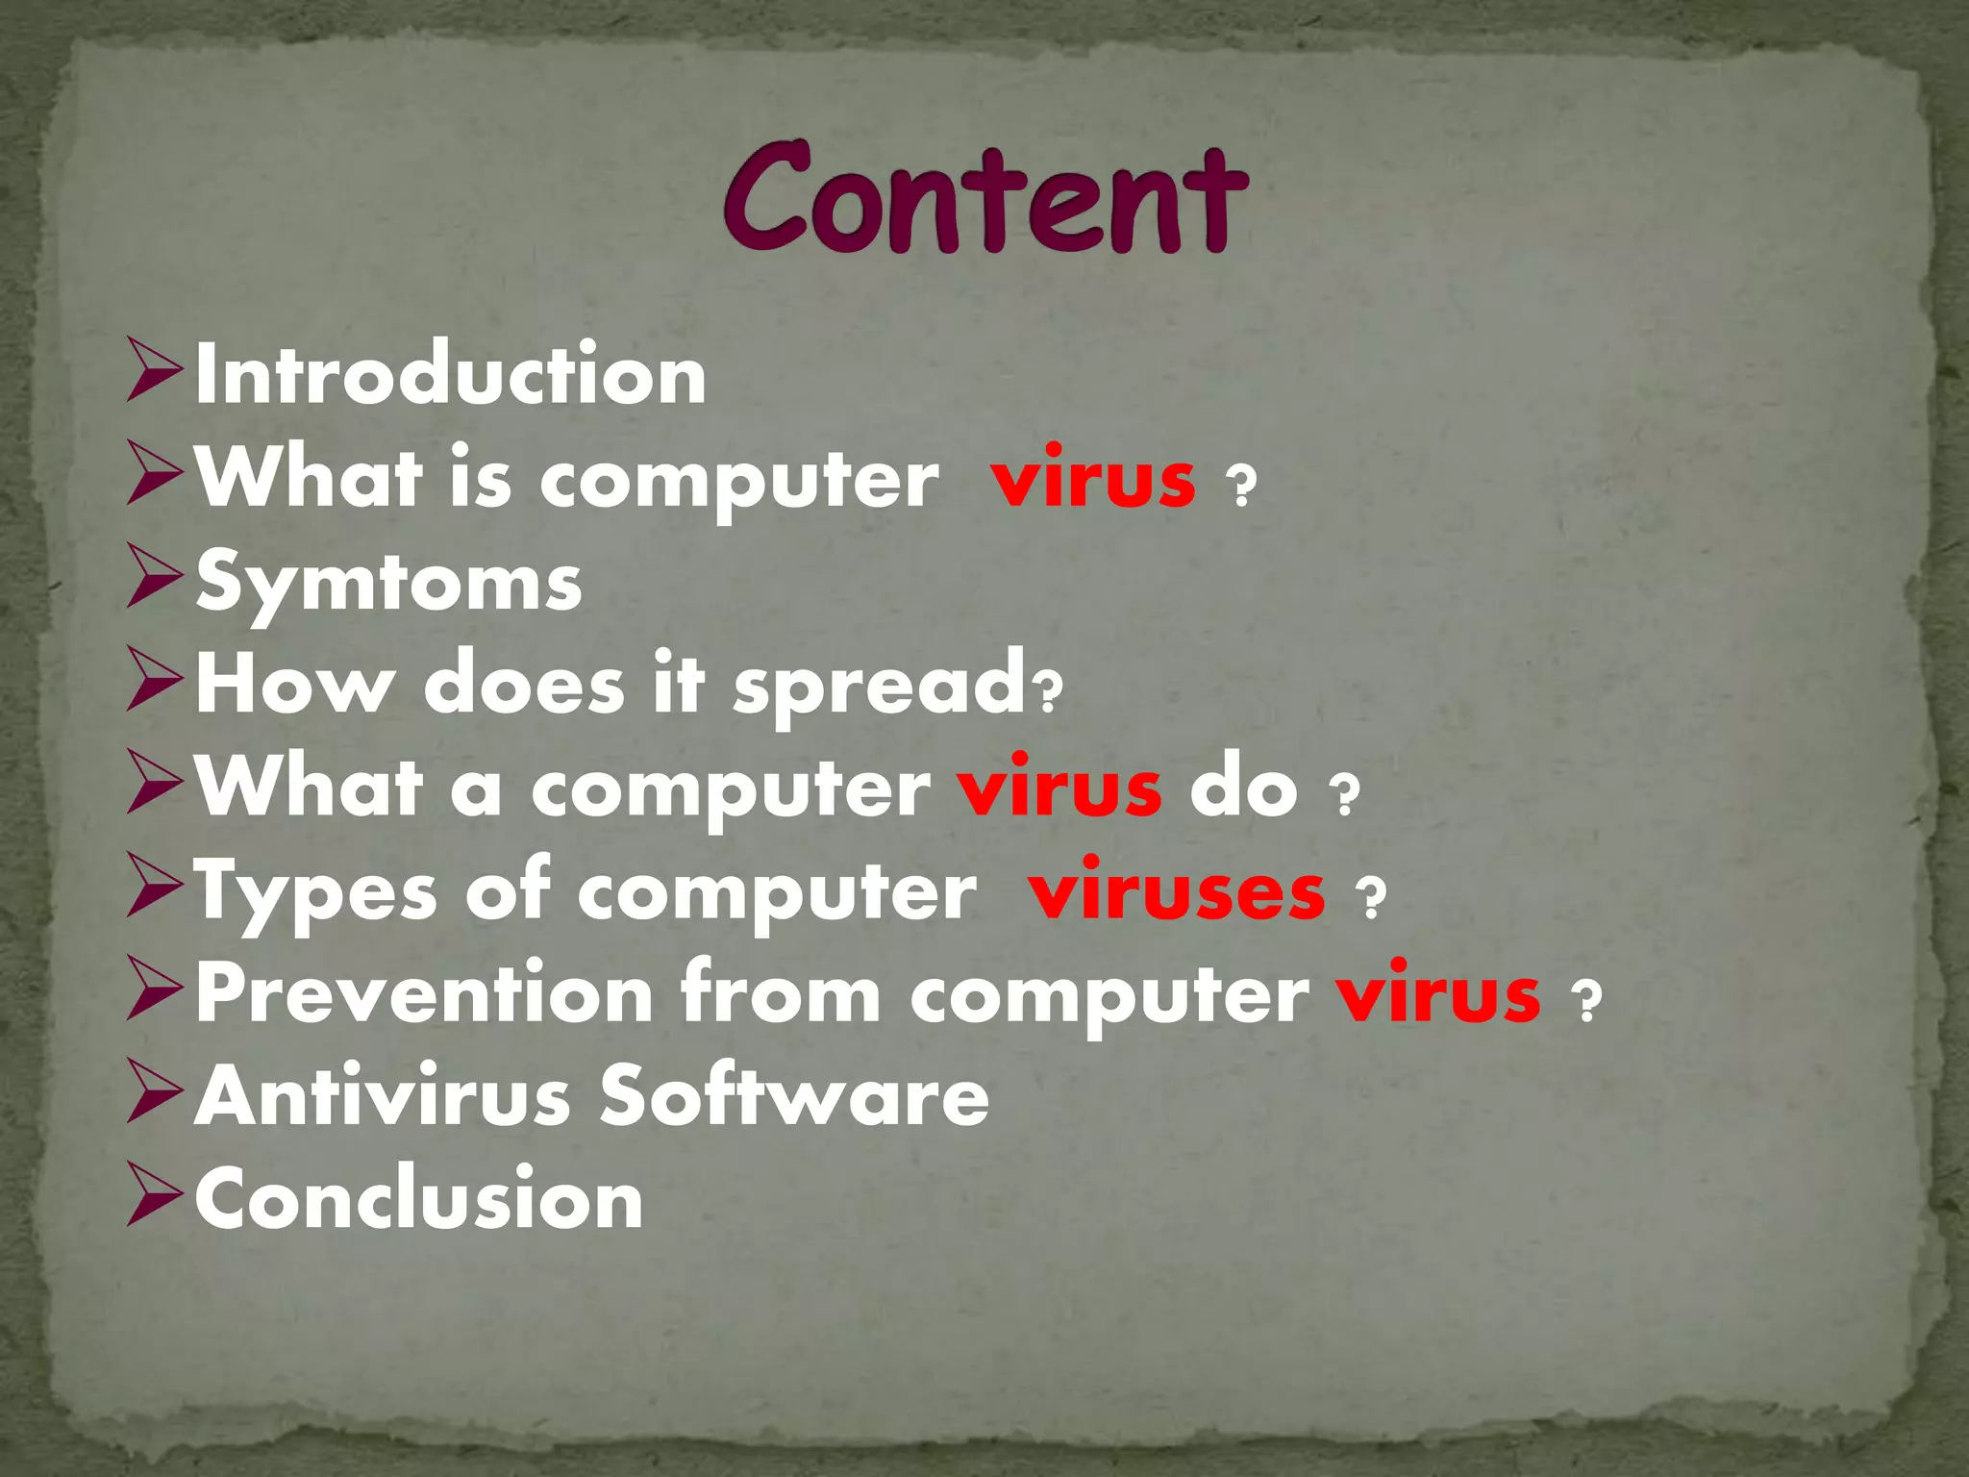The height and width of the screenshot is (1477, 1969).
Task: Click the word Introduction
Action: pyautogui.click(x=451, y=375)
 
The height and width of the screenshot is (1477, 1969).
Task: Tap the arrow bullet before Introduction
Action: pyautogui.click(x=154, y=375)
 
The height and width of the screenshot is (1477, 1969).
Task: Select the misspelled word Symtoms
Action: pyautogui.click(x=388, y=583)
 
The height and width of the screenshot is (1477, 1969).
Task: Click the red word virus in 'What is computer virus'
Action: pyautogui.click(x=1094, y=479)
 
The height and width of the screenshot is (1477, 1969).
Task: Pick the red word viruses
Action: pyautogui.click(x=1177, y=892)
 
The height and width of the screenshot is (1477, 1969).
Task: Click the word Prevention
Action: pyautogui.click(x=424, y=994)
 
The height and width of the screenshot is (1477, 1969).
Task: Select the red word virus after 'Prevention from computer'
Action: pyautogui.click(x=1438, y=994)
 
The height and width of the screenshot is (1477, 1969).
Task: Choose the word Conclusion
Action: pyautogui.click(x=419, y=1199)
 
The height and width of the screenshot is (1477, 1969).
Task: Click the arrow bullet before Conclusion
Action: pyautogui.click(x=154, y=1199)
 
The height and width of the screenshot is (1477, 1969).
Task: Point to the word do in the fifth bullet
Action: pyautogui.click(x=1243, y=789)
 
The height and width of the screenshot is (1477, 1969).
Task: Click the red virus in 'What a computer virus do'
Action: pyautogui.click(x=1059, y=789)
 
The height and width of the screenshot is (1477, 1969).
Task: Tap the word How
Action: pyautogui.click(x=294, y=686)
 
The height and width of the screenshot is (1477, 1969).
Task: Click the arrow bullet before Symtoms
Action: pyautogui.click(x=154, y=583)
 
